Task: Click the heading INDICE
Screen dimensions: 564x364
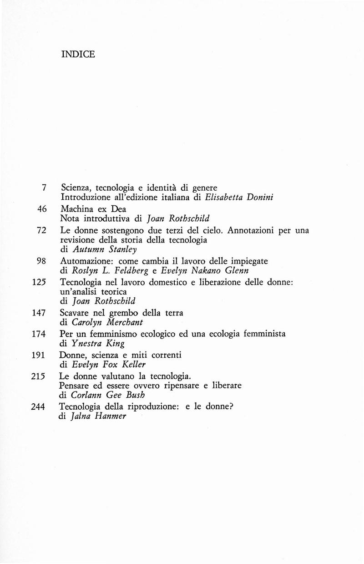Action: click(78, 54)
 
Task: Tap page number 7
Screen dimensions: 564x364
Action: click(45, 187)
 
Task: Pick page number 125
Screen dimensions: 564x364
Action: click(40, 282)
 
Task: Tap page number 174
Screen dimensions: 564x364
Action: click(40, 334)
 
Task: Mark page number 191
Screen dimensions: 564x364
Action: click(40, 355)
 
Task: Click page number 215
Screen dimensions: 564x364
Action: click(40, 376)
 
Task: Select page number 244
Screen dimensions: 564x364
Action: click(40, 407)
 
